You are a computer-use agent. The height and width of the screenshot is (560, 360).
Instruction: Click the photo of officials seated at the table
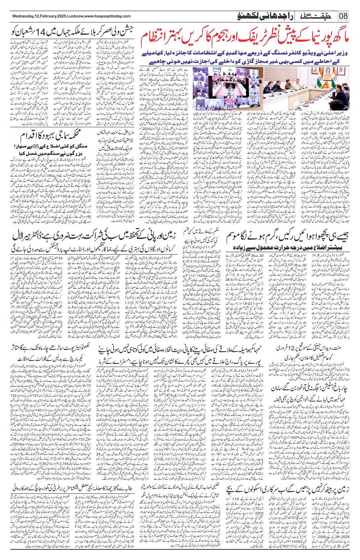point(303,88)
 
